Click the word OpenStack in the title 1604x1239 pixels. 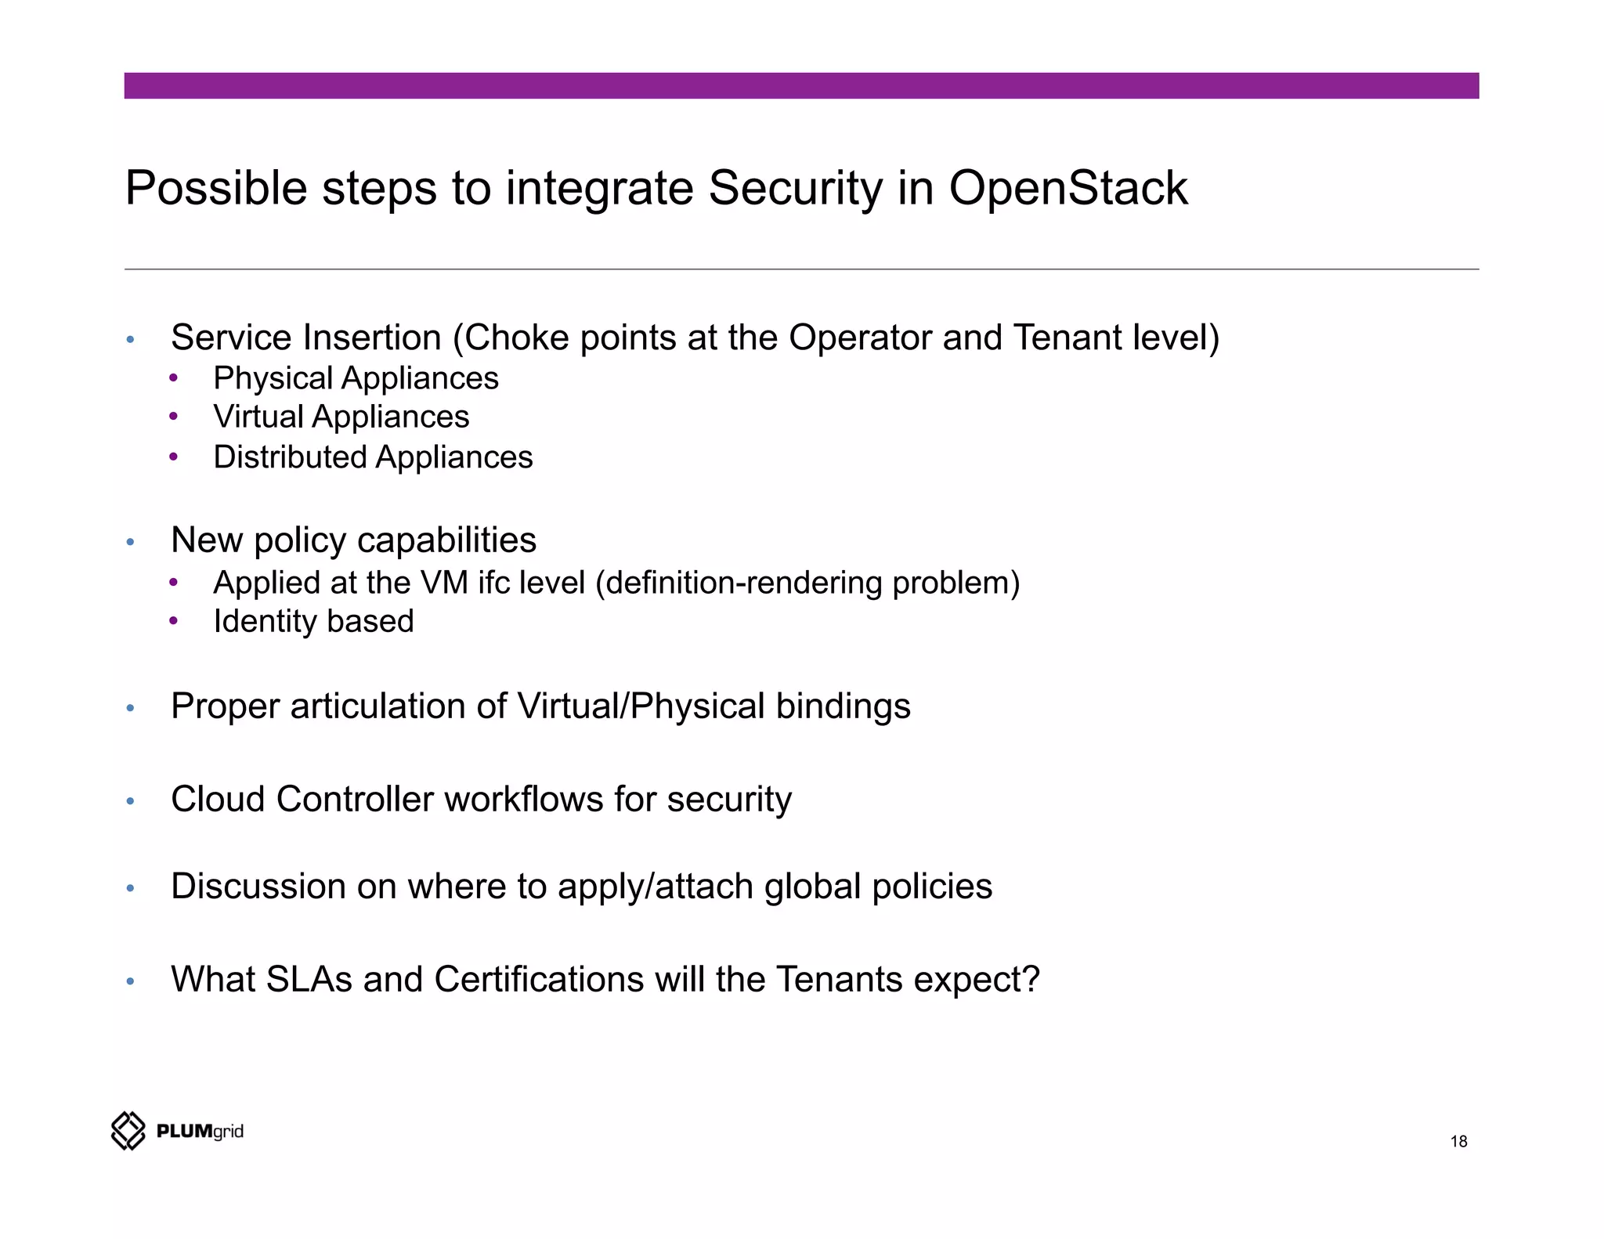tap(1068, 189)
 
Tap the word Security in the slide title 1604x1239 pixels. tap(795, 189)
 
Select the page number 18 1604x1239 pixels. tap(1458, 1141)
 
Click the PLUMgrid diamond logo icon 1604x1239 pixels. tap(128, 1130)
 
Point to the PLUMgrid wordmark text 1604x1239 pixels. tap(200, 1131)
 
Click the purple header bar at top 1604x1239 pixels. tap(801, 85)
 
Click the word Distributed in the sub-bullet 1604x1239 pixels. tap(290, 457)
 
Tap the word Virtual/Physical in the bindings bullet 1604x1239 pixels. tap(641, 706)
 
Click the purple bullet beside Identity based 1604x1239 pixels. tap(173, 621)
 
